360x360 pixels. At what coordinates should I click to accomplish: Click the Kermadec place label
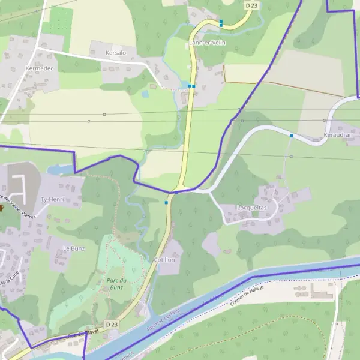pos(40,69)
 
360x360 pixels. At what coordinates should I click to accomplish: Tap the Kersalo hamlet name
pos(116,53)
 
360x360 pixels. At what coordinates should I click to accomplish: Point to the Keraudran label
pos(339,136)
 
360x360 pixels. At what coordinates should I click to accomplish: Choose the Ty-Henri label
pos(52,199)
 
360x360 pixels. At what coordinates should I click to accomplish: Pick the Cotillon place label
pos(164,260)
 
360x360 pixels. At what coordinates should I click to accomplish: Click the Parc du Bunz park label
pos(116,284)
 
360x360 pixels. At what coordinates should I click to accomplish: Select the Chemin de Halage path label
pos(248,301)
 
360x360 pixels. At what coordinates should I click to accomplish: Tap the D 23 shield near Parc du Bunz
pos(112,325)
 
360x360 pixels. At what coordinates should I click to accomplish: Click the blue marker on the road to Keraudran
pos(291,136)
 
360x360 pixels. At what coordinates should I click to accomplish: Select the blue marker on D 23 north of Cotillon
pos(166,203)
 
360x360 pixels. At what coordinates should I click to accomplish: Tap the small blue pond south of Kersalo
pos(145,94)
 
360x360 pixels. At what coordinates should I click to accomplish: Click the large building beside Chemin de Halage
pos(323,291)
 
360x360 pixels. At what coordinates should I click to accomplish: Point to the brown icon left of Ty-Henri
pos(2,208)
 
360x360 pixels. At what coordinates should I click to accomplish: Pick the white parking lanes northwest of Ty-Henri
pos(20,187)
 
